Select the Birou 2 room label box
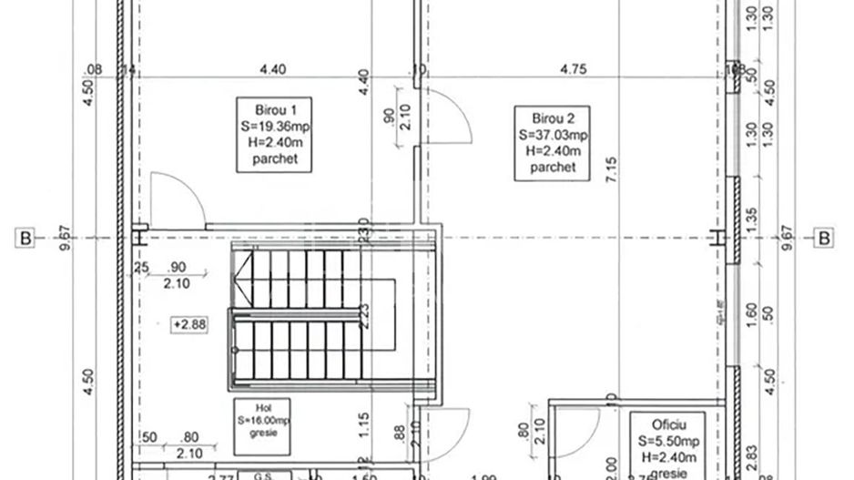click(552, 143)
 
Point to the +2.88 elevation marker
click(188, 324)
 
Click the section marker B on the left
click(25, 239)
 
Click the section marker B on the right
click(824, 239)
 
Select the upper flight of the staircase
click(290, 278)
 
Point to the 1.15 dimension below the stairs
click(361, 423)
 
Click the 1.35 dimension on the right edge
click(751, 220)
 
